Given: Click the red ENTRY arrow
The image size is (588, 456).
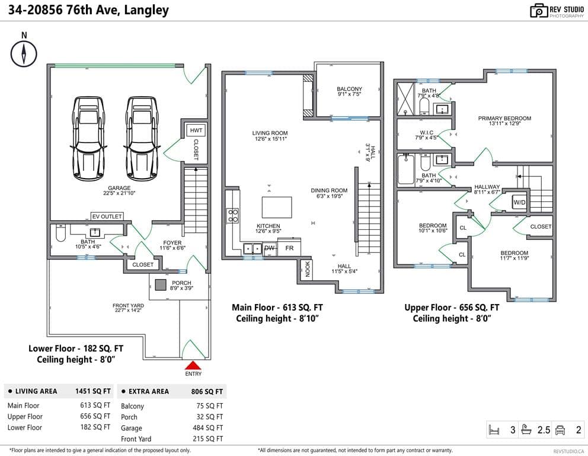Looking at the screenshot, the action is (x=193, y=366).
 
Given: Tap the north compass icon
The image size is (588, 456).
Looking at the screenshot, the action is (x=24, y=53).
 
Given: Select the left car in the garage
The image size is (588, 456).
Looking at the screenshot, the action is (x=88, y=138).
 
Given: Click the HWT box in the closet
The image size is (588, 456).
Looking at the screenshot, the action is (x=196, y=131).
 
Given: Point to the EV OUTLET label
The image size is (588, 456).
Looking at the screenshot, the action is (x=107, y=216).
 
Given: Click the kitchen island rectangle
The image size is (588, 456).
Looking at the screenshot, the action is (x=277, y=207).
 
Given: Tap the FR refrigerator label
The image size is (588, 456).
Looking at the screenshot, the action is (x=289, y=248).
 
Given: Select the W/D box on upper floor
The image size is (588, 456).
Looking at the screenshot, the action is (x=519, y=202).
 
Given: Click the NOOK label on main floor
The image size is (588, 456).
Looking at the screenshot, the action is (x=308, y=270).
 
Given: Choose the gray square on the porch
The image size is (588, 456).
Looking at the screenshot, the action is (x=161, y=285).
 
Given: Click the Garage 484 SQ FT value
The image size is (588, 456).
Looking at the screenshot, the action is (x=207, y=428).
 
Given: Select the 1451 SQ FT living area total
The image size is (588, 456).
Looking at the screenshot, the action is (x=93, y=391).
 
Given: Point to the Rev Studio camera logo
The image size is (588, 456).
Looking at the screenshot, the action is (x=538, y=11).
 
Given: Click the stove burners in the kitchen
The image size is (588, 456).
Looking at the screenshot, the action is (x=233, y=216).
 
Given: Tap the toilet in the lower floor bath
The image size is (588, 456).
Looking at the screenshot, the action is (x=60, y=233).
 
